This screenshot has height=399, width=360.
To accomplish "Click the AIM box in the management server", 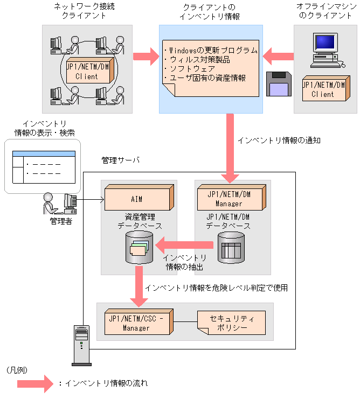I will tap(139, 199).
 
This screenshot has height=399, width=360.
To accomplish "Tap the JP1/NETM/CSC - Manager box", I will tap(139, 321).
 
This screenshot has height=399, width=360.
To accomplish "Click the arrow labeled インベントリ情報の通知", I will tap(232, 148).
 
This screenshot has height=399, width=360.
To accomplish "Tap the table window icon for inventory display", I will tap(43, 165).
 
